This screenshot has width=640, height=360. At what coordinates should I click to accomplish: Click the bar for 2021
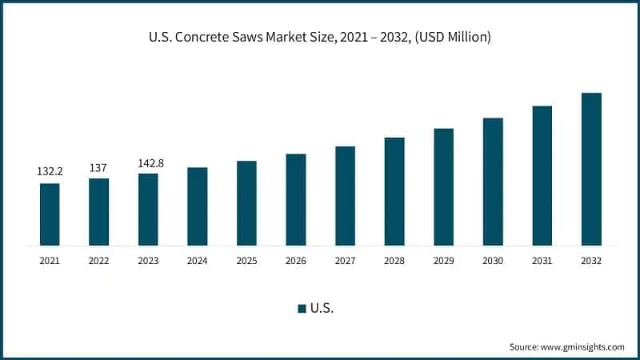(50, 214)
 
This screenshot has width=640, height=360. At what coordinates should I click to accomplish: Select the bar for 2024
(198, 206)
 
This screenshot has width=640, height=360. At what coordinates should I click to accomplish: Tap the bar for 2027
(345, 195)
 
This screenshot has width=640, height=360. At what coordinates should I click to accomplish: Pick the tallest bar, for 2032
(591, 169)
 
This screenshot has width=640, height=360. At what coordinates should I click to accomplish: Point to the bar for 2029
(443, 186)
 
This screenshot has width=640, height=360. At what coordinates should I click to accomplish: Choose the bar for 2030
(493, 181)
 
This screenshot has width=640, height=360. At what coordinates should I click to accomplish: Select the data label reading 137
(98, 167)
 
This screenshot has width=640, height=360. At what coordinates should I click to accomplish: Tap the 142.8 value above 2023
(148, 163)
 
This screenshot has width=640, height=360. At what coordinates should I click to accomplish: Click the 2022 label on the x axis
(98, 261)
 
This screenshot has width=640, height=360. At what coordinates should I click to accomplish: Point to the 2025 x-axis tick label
(246, 261)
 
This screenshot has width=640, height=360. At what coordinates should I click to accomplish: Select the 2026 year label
(296, 261)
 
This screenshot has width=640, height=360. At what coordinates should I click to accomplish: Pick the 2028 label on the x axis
(394, 261)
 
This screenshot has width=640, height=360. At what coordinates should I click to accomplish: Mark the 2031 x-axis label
(542, 261)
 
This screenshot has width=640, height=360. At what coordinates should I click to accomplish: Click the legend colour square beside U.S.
(302, 309)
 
